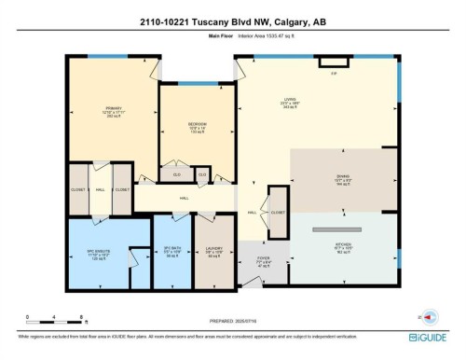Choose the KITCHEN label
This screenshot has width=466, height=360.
click(342, 247)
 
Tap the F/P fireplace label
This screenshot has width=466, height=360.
click(333, 74)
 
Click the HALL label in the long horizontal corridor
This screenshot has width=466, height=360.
click(184, 198)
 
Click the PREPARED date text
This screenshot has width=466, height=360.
click(232, 321)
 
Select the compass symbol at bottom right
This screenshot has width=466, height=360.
click(430, 315)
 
